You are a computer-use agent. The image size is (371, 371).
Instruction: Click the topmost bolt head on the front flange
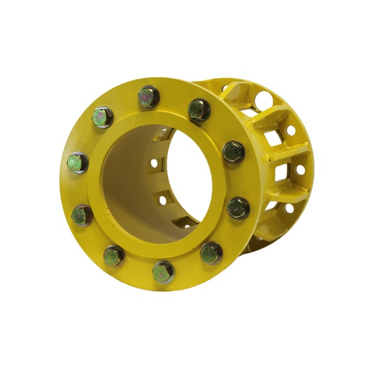[148, 94]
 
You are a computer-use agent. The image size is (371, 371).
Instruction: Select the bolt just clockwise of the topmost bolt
[199, 109]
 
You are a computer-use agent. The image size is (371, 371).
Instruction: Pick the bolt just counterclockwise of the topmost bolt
[102, 117]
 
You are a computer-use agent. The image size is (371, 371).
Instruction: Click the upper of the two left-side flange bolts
[78, 162]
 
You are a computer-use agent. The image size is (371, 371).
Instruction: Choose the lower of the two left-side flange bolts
[82, 214]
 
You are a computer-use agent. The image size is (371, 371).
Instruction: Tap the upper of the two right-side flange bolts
[233, 151]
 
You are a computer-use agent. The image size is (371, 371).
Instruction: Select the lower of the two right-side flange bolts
[238, 208]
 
